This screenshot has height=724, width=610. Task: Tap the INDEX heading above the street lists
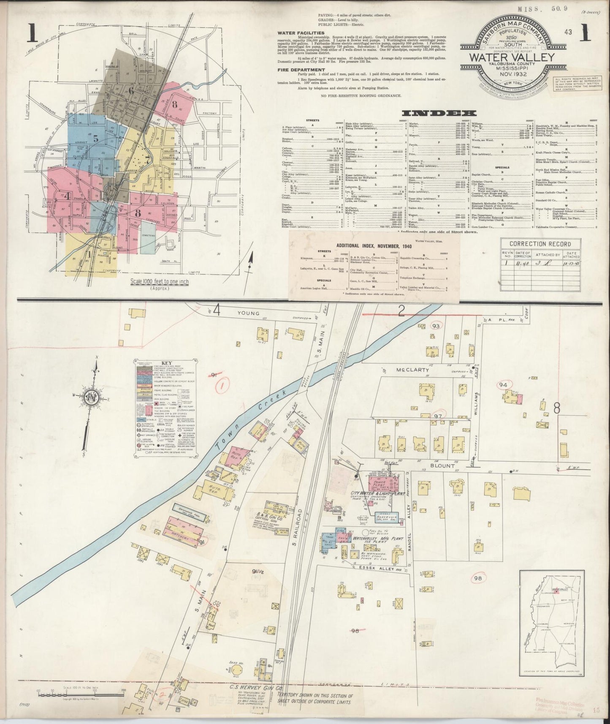pyautogui.click(x=439, y=113)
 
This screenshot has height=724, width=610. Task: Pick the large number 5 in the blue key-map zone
pyautogui.click(x=96, y=137)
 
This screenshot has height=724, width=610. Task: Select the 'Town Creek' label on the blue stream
pyautogui.click(x=252, y=409)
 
